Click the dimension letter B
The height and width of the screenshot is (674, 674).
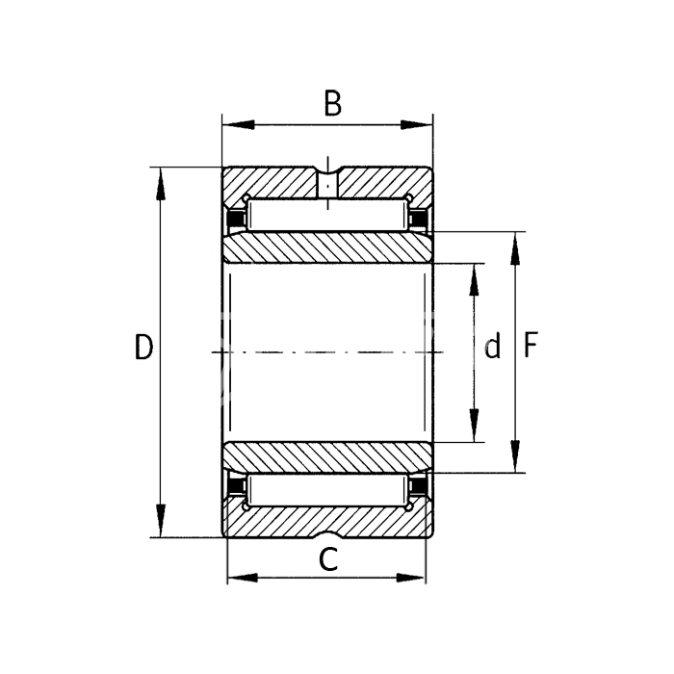(333, 104)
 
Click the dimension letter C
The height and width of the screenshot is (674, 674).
(329, 559)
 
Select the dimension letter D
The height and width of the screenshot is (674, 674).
(143, 347)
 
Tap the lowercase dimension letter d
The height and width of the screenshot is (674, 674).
(493, 346)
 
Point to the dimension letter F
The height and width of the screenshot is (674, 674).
(531, 345)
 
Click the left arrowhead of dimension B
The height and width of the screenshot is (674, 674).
(239, 124)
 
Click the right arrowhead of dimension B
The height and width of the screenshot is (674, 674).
(416, 124)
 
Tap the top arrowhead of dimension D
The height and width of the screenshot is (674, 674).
(161, 184)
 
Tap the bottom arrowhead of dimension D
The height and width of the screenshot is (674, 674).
(161, 520)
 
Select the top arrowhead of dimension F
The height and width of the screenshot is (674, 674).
(515, 248)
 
